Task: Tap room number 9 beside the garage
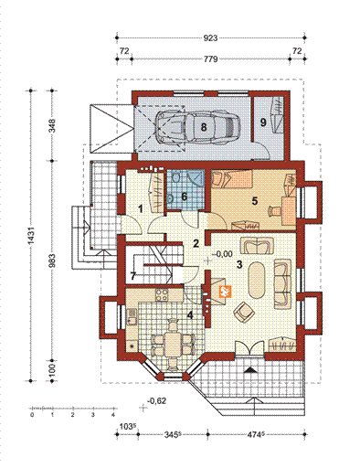[x=263, y=121]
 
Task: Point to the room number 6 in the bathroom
[x=183, y=196]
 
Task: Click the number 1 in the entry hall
[x=140, y=208]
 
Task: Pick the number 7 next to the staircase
[x=133, y=274]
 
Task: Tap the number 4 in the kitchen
[x=190, y=315]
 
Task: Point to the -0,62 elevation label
[x=157, y=400]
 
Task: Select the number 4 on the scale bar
[x=111, y=414]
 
